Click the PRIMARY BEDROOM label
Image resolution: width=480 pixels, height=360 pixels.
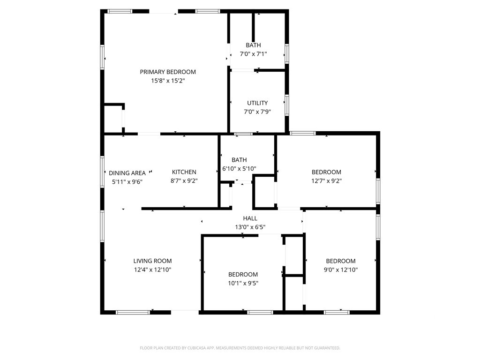[x=168, y=72]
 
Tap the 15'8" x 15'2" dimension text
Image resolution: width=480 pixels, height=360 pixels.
[x=168, y=81]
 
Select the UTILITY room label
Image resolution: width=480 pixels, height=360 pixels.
[x=257, y=103]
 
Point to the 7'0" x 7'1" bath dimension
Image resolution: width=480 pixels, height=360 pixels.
[x=253, y=54]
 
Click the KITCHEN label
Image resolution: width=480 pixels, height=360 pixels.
[x=184, y=172]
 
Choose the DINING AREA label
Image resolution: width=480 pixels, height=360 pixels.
[x=127, y=173]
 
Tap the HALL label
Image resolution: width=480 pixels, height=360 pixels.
[x=250, y=218]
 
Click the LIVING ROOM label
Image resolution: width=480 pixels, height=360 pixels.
[x=152, y=261]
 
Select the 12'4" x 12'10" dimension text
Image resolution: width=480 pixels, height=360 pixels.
[x=152, y=270]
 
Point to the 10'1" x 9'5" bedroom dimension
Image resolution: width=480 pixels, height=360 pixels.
[x=243, y=283]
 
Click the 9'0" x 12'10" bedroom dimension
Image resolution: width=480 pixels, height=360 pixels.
[x=341, y=270]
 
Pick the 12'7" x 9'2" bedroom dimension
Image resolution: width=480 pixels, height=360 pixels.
[x=326, y=181]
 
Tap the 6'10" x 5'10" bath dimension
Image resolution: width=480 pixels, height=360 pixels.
[x=239, y=168]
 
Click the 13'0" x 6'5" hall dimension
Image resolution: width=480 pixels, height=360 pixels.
[x=250, y=227]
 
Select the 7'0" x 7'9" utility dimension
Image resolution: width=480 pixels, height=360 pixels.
[x=257, y=112]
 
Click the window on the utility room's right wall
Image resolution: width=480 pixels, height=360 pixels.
[x=287, y=105]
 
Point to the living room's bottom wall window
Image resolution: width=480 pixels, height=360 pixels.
[x=133, y=312]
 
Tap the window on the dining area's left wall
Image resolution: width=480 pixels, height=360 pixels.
[x=102, y=172]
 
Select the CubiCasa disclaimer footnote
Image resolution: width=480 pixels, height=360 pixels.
[x=240, y=348]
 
